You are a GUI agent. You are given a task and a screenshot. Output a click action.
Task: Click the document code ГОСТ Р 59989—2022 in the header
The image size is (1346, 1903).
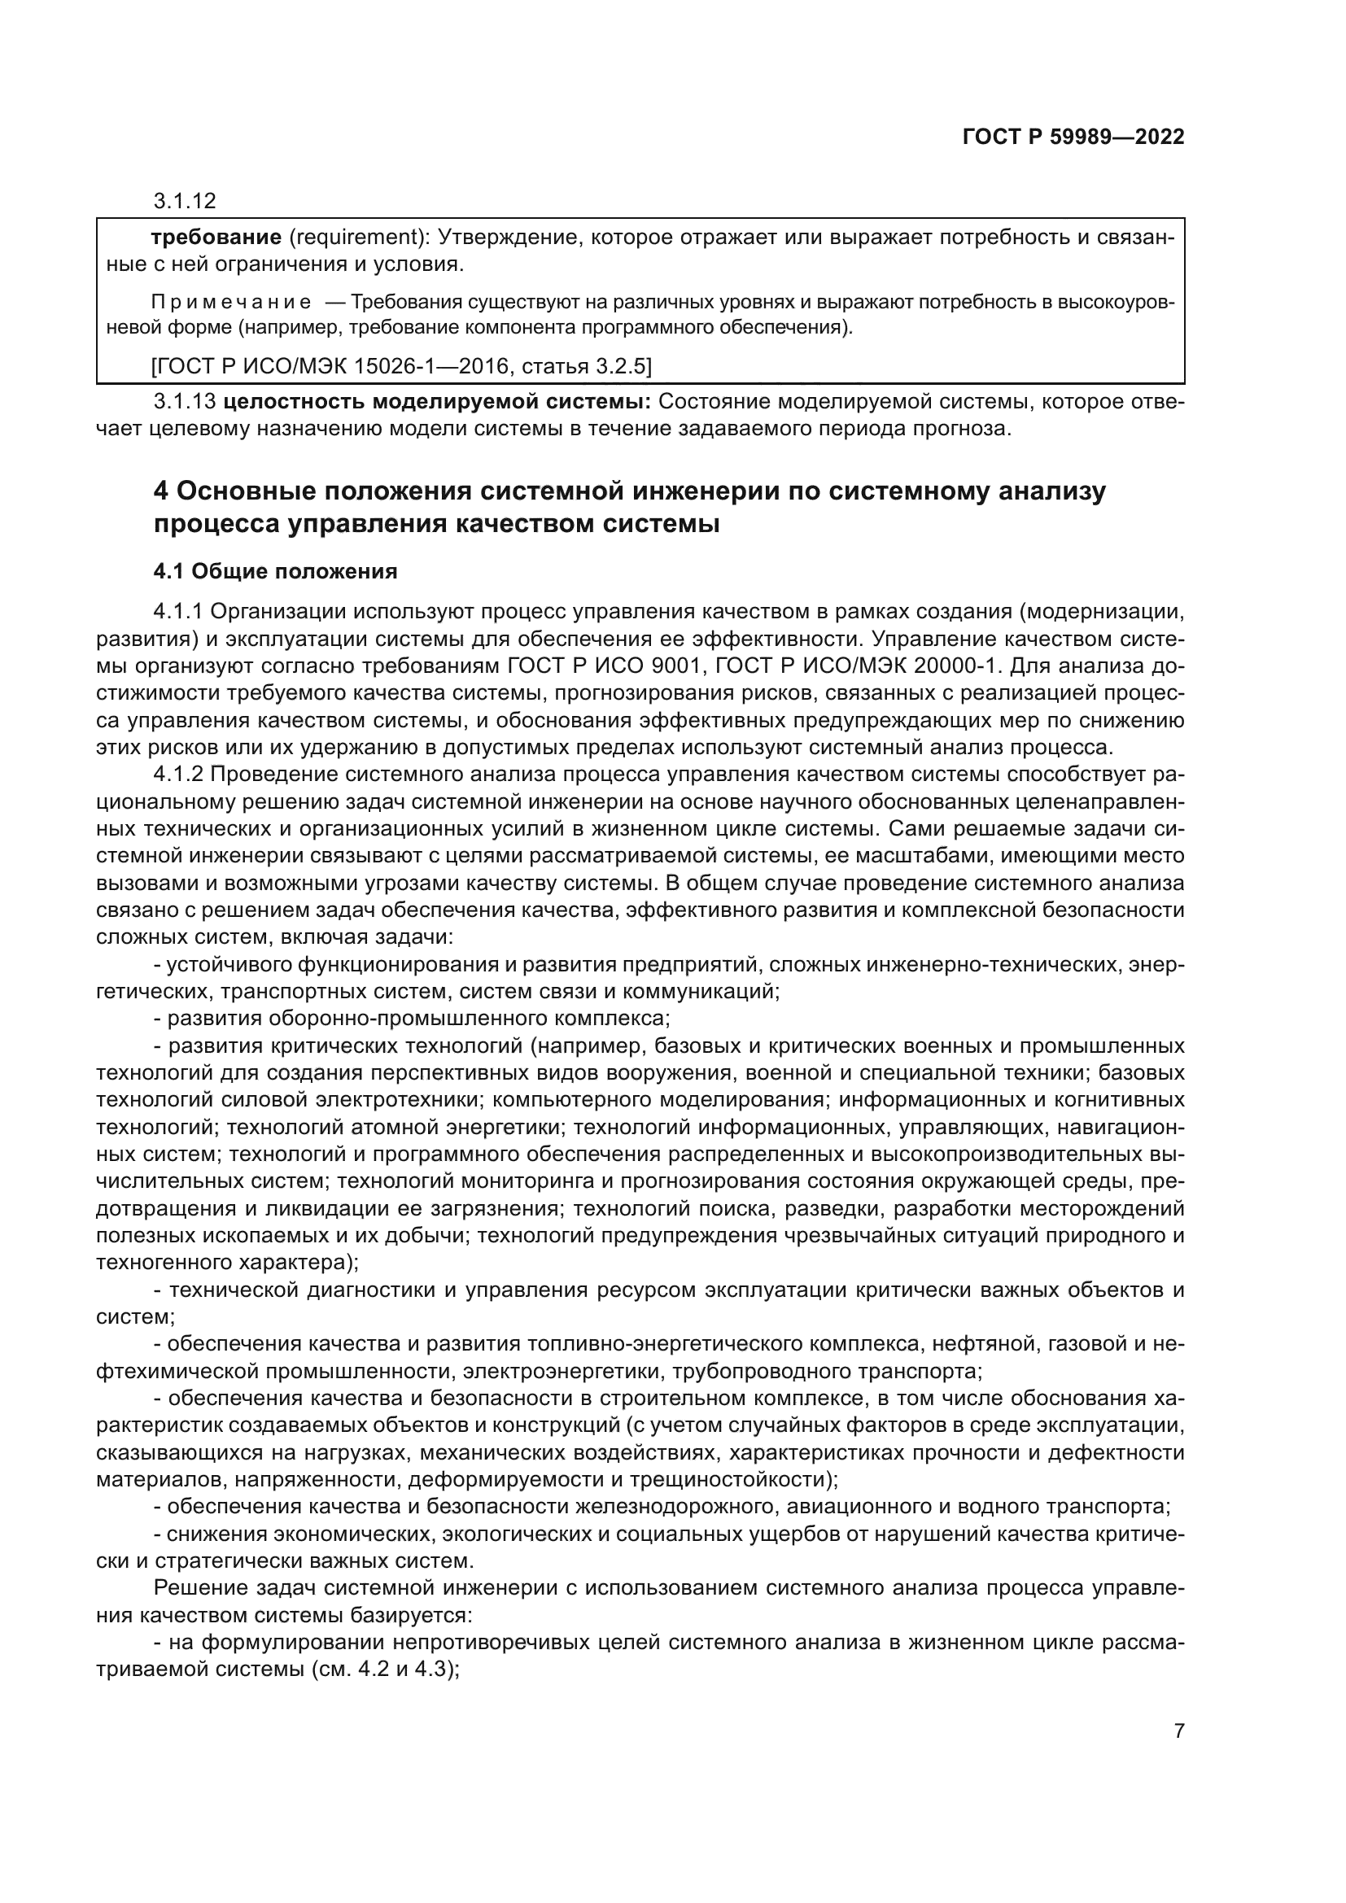[1073, 137]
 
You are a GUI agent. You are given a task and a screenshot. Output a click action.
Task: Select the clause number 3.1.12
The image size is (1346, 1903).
[184, 201]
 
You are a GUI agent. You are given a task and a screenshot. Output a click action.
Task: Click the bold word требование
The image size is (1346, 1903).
[216, 238]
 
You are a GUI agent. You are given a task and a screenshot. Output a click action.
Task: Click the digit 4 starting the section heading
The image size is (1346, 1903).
[161, 491]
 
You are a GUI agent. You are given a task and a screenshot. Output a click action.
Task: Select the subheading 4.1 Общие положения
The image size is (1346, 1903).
[275, 572]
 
